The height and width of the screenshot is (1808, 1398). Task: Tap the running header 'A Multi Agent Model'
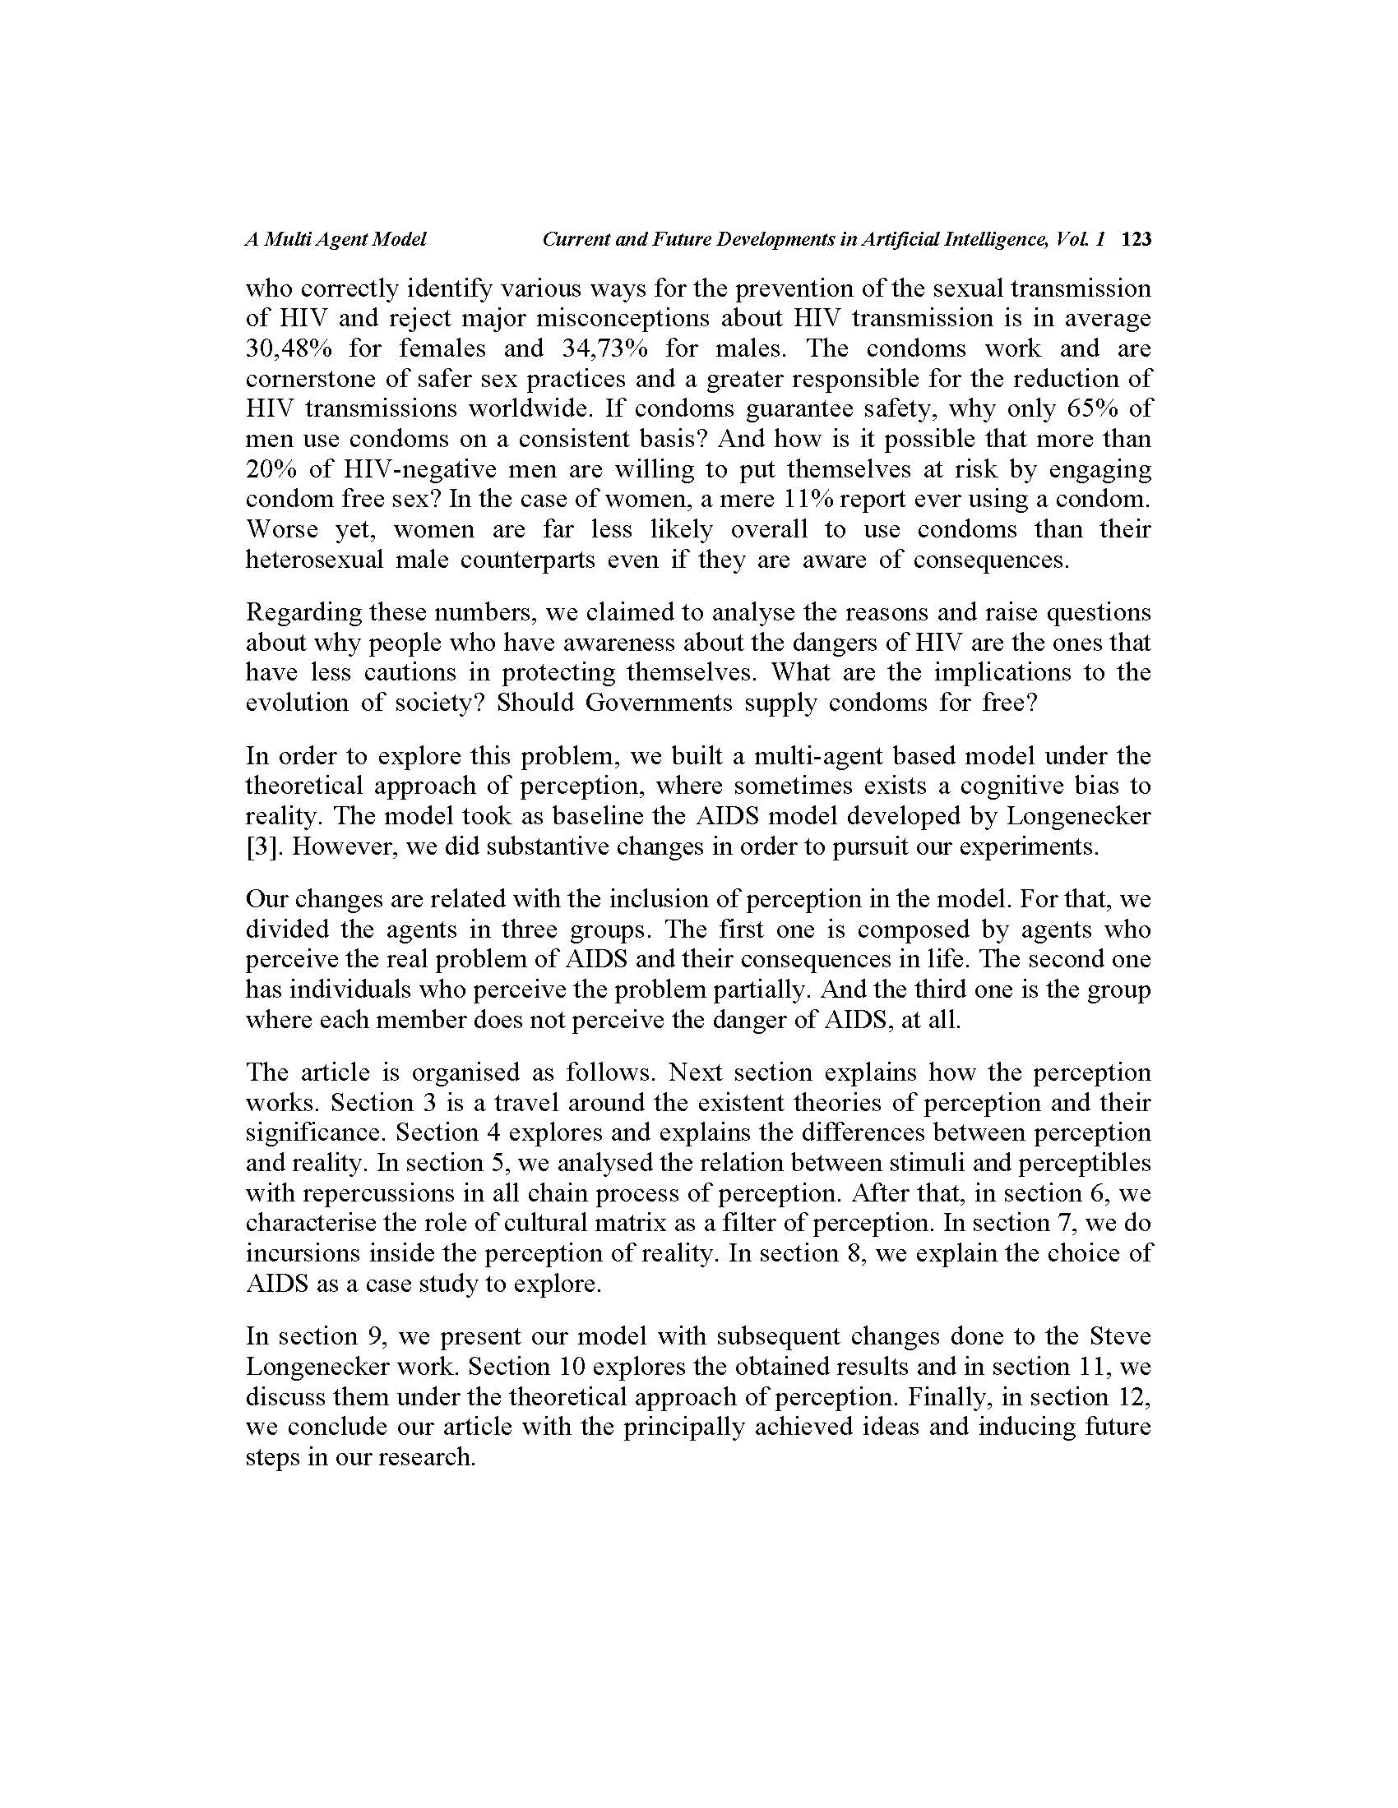[336, 240]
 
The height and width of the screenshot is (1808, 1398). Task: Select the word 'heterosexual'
[314, 560]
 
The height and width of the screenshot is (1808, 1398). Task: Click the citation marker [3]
[260, 846]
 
